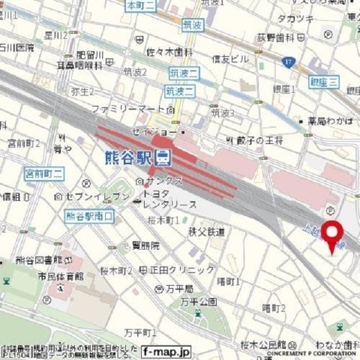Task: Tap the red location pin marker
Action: tap(331, 236)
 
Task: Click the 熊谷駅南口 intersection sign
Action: tap(90, 216)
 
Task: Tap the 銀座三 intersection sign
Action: tap(324, 81)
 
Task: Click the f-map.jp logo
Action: tap(166, 350)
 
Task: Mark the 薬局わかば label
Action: tap(328, 120)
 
